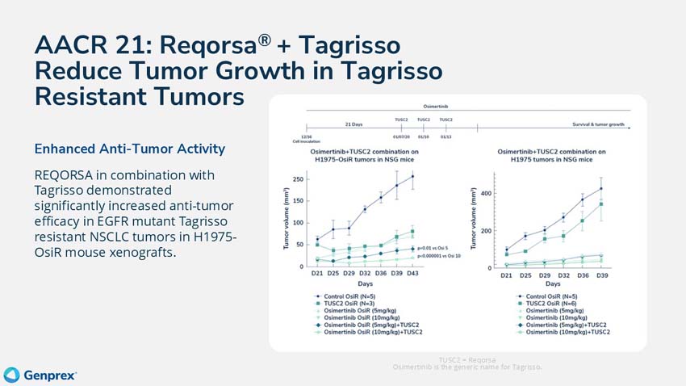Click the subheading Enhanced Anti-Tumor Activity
point(129,149)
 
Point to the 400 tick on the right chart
point(486,194)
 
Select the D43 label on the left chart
point(412,273)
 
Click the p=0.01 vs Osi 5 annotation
point(436,249)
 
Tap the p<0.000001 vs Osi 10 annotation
point(439,257)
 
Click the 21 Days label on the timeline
point(353,126)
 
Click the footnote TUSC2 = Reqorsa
point(466,359)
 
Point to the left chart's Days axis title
point(366,283)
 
